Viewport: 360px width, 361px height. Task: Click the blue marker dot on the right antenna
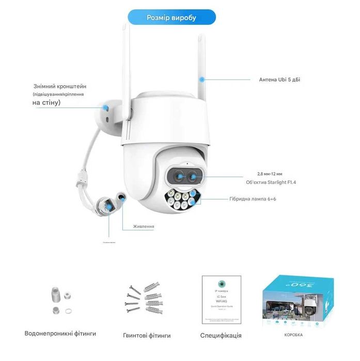[x=202, y=80]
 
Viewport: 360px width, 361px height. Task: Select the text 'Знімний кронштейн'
[x=57, y=87]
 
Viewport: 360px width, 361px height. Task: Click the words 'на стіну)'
[x=46, y=103]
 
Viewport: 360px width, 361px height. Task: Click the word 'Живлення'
[x=144, y=226]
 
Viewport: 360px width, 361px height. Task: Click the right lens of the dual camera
[x=194, y=177]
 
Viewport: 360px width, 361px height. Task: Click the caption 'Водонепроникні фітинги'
[x=60, y=333]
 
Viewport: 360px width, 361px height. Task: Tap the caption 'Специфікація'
[x=221, y=335]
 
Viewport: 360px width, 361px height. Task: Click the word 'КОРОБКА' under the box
[x=293, y=335]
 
